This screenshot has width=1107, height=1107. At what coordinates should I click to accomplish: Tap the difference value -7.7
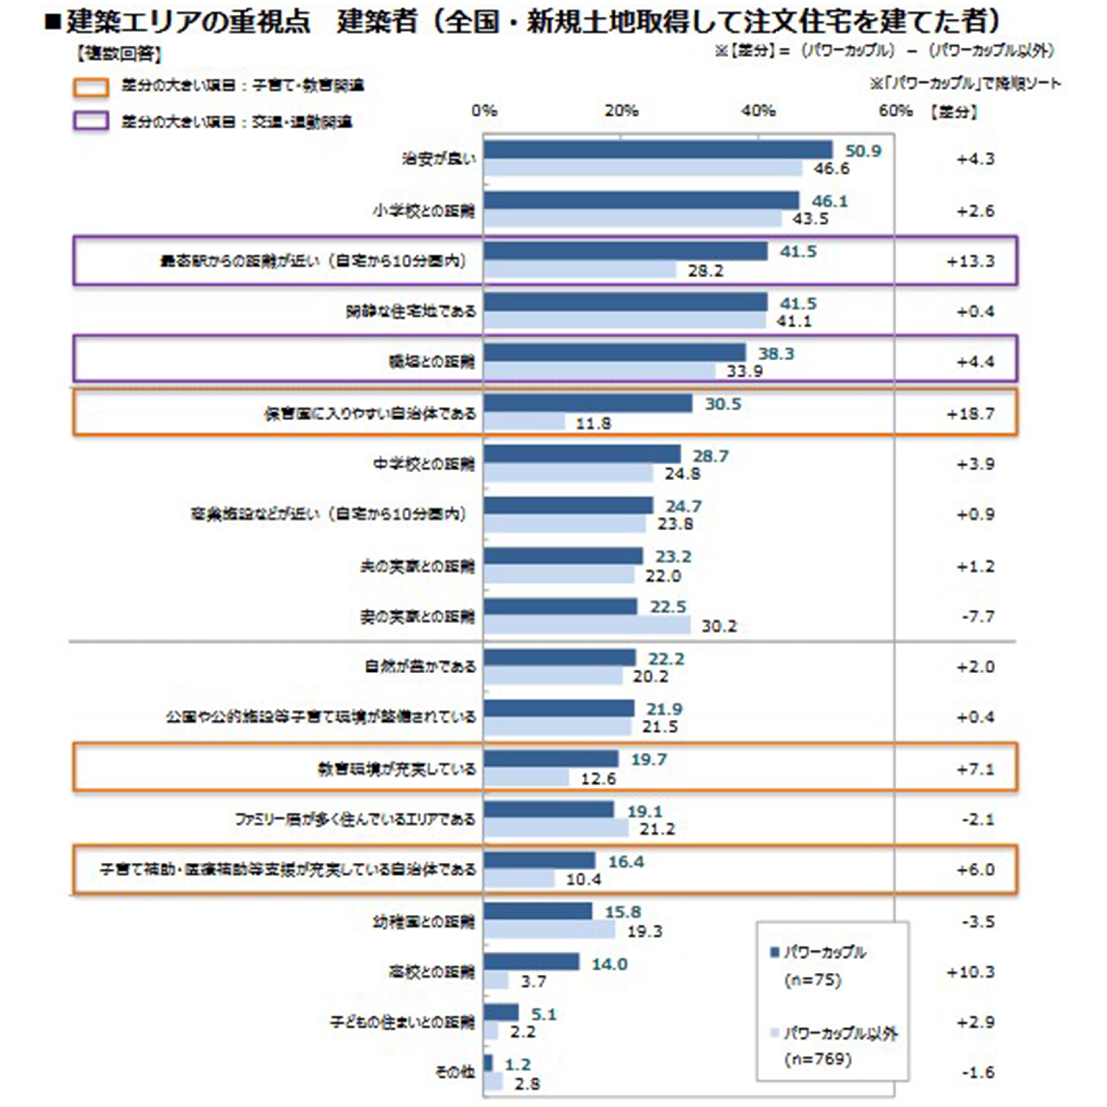coord(977,617)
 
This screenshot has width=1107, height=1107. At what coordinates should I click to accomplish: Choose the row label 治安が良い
coord(439,159)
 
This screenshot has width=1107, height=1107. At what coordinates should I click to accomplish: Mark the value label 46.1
coord(829,201)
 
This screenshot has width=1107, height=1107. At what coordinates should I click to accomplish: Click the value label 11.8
coord(593,424)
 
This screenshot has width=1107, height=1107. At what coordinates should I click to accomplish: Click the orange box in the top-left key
coord(91,87)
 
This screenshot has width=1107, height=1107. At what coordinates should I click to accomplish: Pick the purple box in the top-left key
coord(91,122)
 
